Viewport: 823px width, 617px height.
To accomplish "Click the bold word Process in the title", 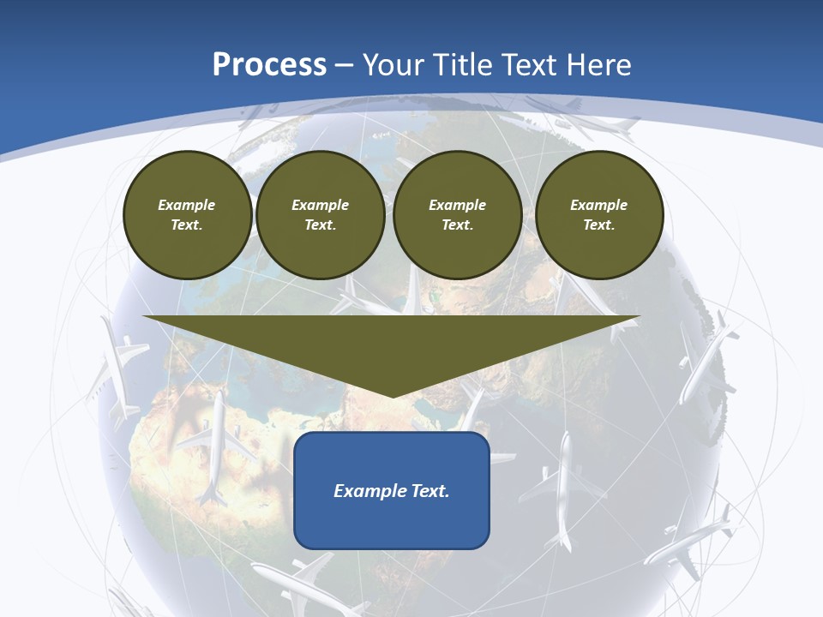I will click(x=269, y=65).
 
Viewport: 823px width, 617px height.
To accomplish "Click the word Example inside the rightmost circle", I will click(x=598, y=205).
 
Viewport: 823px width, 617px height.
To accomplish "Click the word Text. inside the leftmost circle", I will click(x=186, y=225).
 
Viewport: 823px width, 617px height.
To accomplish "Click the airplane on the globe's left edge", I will click(x=117, y=364).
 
